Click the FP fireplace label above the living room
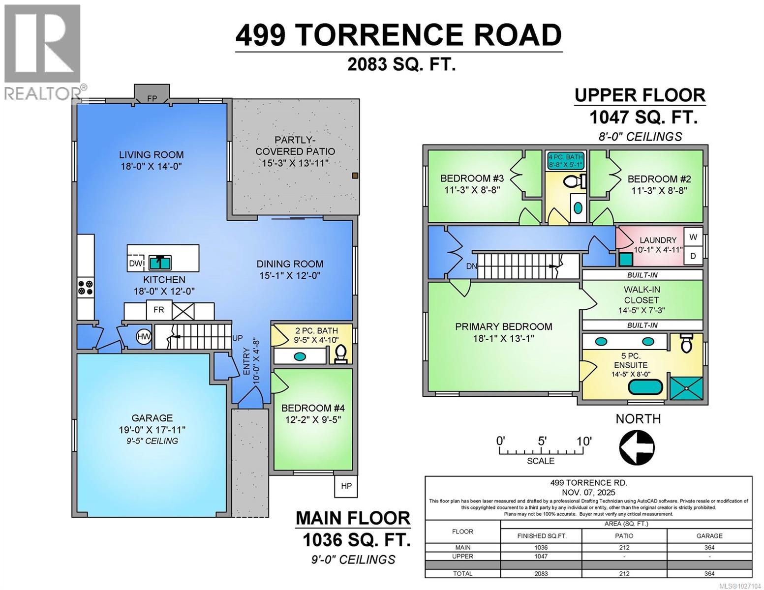pyautogui.click(x=152, y=98)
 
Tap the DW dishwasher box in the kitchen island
pyautogui.click(x=135, y=264)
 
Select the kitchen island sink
pyautogui.click(x=160, y=263)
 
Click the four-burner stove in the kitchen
pyautogui.click(x=85, y=288)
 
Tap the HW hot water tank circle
pyautogui.click(x=144, y=337)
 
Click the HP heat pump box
pyautogui.click(x=346, y=486)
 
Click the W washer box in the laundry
pyautogui.click(x=693, y=237)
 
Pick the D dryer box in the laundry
pyautogui.click(x=693, y=256)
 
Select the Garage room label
pyautogui.click(x=152, y=418)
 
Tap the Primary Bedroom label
pyautogui.click(x=503, y=326)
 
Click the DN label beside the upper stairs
pyautogui.click(x=472, y=266)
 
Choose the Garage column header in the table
pyautogui.click(x=709, y=535)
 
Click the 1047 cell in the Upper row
pyautogui.click(x=541, y=556)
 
